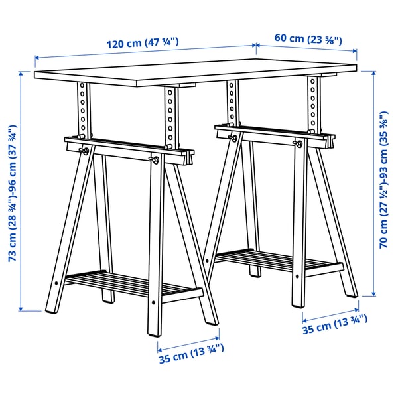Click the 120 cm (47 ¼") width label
coord(143,44)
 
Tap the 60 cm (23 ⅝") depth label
coord(308,38)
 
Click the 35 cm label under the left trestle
coord(191,357)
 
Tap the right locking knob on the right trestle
coord(298,143)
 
